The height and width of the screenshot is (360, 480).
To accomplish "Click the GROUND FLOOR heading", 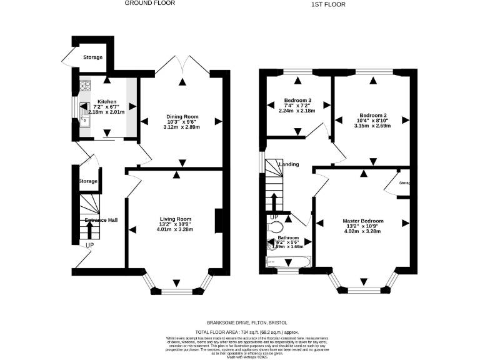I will [149, 3].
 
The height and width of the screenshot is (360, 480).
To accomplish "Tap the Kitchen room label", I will [106, 101].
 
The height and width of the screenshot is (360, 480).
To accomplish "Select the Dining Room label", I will [181, 116].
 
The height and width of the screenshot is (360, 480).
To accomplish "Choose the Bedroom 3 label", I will [297, 101].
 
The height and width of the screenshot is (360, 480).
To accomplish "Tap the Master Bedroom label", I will [362, 221].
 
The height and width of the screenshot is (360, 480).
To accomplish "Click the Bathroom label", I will [288, 238].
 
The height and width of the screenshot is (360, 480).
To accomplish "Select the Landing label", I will [288, 164].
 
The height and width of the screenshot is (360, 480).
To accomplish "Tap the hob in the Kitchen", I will [84, 86].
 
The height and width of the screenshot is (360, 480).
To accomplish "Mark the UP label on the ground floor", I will [90, 246].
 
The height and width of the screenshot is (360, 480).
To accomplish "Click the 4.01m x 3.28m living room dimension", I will [174, 230].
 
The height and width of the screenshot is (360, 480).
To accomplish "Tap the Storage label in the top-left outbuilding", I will [92, 57].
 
